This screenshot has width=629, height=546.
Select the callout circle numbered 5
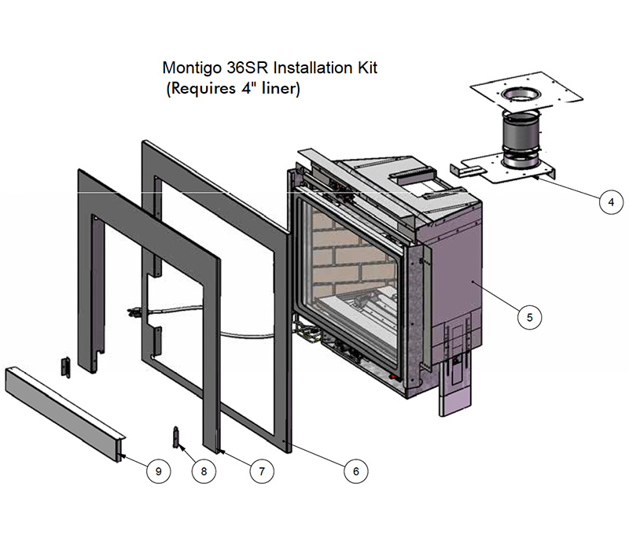529,318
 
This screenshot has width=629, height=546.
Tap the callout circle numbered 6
355,470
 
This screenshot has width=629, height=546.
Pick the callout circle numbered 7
261,470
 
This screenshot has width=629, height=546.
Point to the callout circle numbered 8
204,470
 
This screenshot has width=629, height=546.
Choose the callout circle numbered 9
158,470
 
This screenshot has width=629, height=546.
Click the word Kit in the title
366,68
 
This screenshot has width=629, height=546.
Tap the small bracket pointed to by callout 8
176,435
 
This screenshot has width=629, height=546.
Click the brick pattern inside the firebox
338,252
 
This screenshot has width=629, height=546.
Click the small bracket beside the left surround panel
67,366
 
